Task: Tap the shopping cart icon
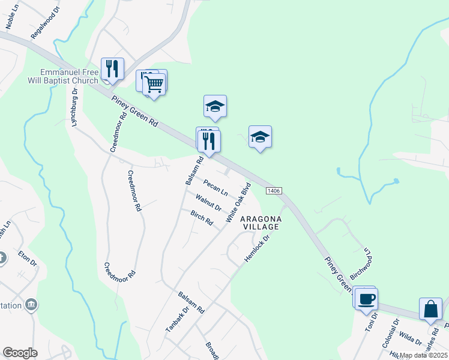click(x=154, y=84)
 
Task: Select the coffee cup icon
click(x=366, y=299)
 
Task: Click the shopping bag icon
click(x=430, y=309)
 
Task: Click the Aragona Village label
click(x=260, y=223)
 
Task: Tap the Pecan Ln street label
click(x=215, y=187)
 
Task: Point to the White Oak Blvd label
click(x=237, y=202)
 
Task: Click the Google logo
click(x=20, y=353)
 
